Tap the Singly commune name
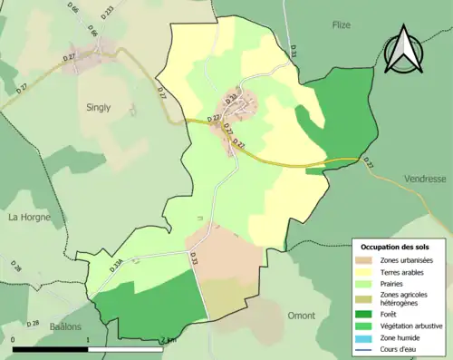pyautogui.click(x=98, y=107)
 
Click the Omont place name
pyautogui.click(x=301, y=316)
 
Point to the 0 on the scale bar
pyautogui.click(x=14, y=340)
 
